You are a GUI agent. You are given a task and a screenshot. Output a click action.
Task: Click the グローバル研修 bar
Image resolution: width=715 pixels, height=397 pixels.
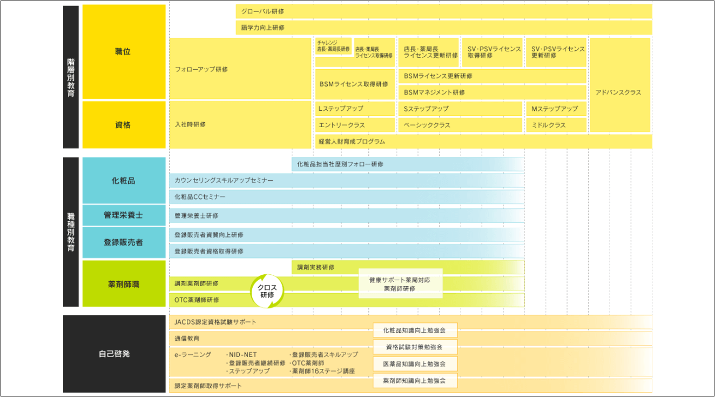pyautogui.click(x=444, y=11)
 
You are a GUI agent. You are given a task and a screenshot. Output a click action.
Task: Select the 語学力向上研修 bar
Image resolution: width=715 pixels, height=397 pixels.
pyautogui.click(x=444, y=28)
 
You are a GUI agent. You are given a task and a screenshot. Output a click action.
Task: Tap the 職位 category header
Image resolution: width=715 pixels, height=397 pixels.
pyautogui.click(x=124, y=52)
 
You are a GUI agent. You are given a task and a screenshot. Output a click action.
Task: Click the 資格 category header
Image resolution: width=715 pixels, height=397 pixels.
pyautogui.click(x=124, y=125)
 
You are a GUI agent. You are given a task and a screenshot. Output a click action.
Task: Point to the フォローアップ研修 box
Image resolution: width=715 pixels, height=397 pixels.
pyautogui.click(x=240, y=69)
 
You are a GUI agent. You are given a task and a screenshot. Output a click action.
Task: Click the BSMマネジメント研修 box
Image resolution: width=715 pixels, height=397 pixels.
pyautogui.click(x=492, y=92)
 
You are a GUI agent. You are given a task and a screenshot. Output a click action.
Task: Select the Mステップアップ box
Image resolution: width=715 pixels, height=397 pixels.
pyautogui.click(x=556, y=109)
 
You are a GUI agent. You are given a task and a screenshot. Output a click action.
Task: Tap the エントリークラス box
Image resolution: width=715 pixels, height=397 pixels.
pyautogui.click(x=355, y=125)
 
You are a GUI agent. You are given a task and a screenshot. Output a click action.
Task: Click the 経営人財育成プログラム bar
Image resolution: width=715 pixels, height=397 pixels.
pyautogui.click(x=483, y=141)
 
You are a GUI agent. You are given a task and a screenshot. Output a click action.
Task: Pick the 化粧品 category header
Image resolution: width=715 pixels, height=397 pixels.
pyautogui.click(x=124, y=181)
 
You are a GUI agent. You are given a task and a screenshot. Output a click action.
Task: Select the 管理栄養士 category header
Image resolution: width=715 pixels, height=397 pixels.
pyautogui.click(x=124, y=215)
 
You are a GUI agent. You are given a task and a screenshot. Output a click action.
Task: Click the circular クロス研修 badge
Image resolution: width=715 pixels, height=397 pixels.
pyautogui.click(x=267, y=291)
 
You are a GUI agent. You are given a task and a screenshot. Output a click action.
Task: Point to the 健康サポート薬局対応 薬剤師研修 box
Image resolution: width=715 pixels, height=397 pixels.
pyautogui.click(x=401, y=284)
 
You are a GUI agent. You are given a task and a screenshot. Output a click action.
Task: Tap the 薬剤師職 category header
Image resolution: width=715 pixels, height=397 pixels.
pyautogui.click(x=124, y=284)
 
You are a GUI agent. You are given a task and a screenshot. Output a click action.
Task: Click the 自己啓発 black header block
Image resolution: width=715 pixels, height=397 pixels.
pyautogui.click(x=114, y=354)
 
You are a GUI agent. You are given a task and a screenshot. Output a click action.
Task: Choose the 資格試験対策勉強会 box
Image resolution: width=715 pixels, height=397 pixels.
pyautogui.click(x=415, y=347)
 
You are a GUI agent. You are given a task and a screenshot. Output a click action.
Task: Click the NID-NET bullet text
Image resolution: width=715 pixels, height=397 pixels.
pyautogui.click(x=241, y=355)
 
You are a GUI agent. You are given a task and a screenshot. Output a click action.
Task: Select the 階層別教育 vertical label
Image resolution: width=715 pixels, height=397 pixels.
pyautogui.click(x=71, y=77)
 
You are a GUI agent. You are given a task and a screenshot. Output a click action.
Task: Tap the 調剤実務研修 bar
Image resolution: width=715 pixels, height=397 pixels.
pyautogui.click(x=408, y=267)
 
